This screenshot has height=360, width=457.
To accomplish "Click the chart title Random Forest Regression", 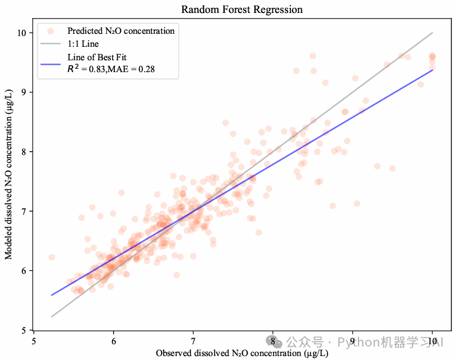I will coord(242,10).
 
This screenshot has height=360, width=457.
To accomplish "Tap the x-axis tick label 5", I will coord(34,340).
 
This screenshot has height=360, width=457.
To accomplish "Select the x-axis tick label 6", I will coord(114,340).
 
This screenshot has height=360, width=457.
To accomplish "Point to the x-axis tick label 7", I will coord(194,340).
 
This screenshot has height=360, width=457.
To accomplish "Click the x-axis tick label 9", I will coord(352,340).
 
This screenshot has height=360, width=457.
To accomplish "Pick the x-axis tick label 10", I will coord(432,340).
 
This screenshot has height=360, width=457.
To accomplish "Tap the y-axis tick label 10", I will coord(22,33).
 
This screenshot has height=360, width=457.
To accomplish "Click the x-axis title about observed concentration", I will coord(242,353).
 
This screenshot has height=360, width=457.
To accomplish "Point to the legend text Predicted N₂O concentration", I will coord(120,30).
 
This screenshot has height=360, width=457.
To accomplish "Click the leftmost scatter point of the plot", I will coord(52,257).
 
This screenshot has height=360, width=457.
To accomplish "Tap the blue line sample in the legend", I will coord(51,63).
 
